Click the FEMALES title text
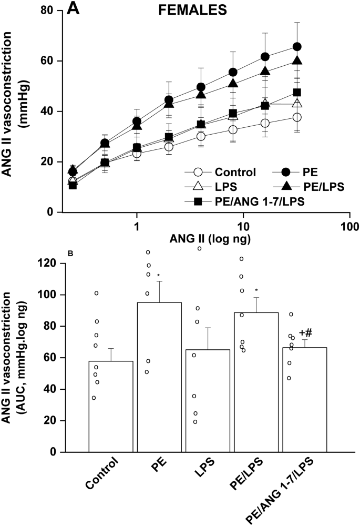point(190,9)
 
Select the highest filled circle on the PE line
point(297,47)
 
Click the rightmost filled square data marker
point(297,93)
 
